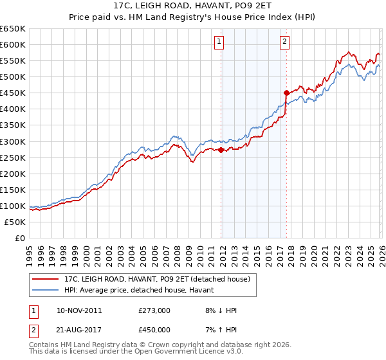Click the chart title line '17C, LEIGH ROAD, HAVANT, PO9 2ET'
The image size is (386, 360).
pyautogui.click(x=193, y=7)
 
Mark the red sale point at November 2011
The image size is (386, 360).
pyautogui.click(x=221, y=150)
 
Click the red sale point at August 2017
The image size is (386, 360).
pyautogui.click(x=286, y=93)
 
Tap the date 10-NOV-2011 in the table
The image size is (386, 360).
pyautogui.click(x=75, y=310)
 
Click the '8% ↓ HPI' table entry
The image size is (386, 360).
pyautogui.click(x=220, y=310)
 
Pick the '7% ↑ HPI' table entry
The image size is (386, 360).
pyautogui.click(x=220, y=330)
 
